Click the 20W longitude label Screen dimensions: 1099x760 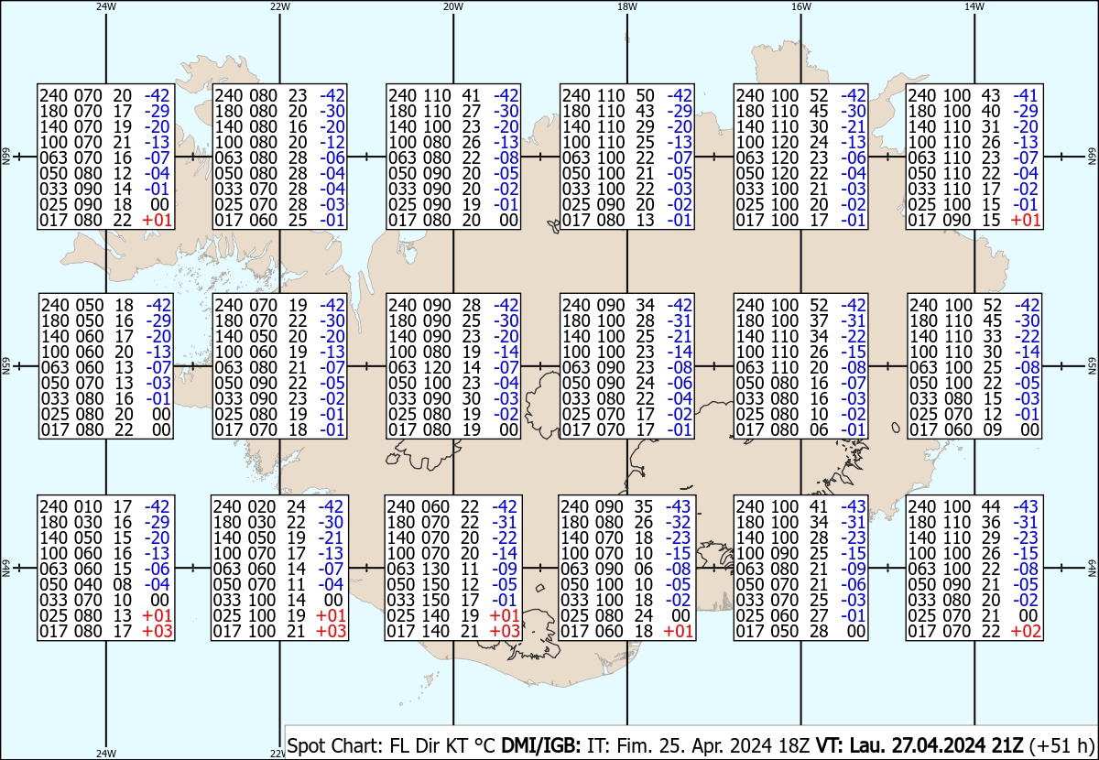(x=452, y=7)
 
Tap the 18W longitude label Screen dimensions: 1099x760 (x=627, y=7)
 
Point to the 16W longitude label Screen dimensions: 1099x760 (x=800, y=7)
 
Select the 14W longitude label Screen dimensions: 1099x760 (x=974, y=7)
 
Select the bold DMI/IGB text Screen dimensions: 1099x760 (x=540, y=745)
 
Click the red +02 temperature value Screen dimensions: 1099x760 (x=1026, y=632)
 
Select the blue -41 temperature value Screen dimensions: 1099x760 (x=1026, y=95)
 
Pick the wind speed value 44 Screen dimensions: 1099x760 (x=990, y=506)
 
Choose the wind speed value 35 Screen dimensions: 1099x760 (x=643, y=506)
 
